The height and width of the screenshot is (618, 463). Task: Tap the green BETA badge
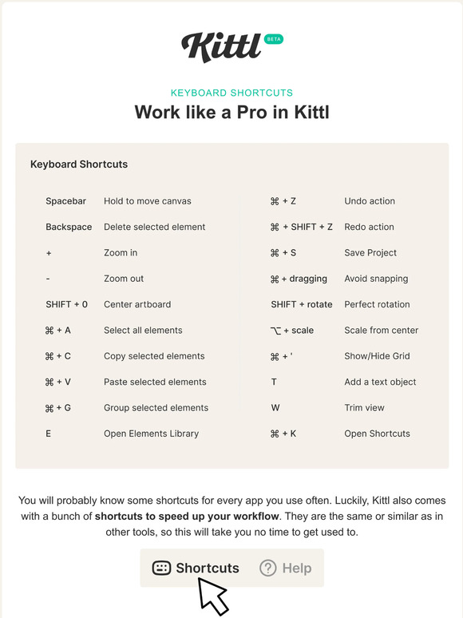[x=274, y=38]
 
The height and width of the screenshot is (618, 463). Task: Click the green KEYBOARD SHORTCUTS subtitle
[x=231, y=93]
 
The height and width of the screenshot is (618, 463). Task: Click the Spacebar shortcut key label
[x=65, y=201]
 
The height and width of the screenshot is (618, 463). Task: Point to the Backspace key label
[x=69, y=227]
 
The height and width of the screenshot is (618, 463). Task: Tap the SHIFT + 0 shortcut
[x=67, y=304]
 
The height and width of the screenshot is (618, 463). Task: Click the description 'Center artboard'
[x=137, y=304]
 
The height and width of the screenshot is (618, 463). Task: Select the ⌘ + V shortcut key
[x=58, y=382]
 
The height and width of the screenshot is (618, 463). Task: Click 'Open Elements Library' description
[x=152, y=434]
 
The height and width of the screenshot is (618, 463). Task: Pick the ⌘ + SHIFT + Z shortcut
[x=302, y=227]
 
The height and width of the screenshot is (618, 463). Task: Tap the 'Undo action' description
[x=370, y=201]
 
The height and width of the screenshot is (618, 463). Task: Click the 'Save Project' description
[x=370, y=253]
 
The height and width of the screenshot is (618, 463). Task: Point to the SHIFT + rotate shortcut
[x=301, y=304]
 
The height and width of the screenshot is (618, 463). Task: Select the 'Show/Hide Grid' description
[x=377, y=356]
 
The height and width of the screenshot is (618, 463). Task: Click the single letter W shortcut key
[x=275, y=408]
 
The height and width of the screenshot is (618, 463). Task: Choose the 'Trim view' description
[x=364, y=408]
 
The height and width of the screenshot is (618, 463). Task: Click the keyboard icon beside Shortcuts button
[x=161, y=568]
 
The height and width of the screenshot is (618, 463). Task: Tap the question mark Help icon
[x=268, y=568]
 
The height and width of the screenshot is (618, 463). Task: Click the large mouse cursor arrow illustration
[x=212, y=595]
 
